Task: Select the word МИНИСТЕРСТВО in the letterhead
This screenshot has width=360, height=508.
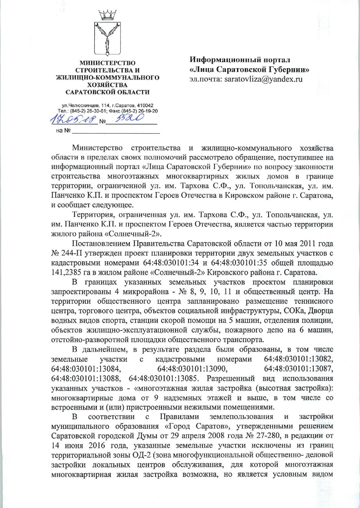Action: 108,63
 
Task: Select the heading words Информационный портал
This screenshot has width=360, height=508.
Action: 240,60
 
